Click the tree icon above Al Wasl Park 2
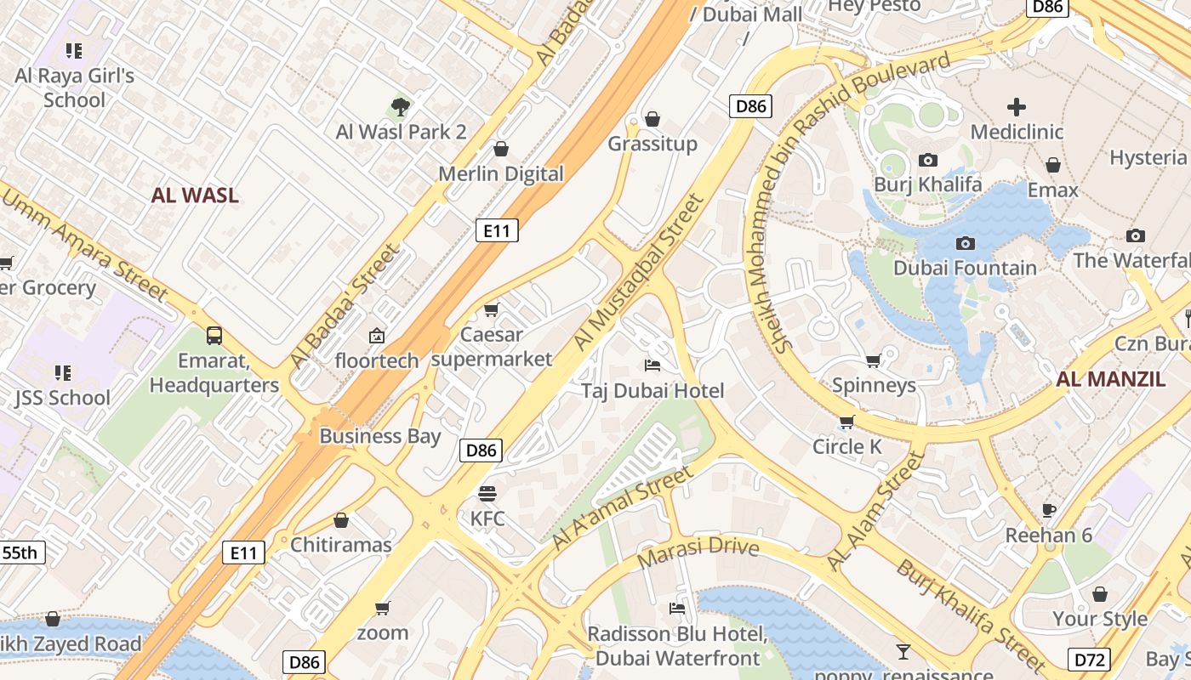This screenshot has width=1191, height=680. tap(401, 107)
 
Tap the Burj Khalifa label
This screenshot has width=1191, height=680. tap(928, 184)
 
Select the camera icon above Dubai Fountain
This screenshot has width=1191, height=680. tap(965, 244)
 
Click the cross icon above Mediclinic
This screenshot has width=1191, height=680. tap(1017, 107)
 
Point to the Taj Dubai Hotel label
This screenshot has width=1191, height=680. tap(652, 391)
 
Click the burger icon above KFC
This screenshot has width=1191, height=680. tap(487, 493)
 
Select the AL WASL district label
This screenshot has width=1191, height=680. tap(195, 195)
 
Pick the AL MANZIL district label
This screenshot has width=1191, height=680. tap(1110, 379)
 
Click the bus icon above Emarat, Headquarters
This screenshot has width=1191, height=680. tap(214, 336)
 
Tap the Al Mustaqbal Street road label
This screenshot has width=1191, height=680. tap(640, 272)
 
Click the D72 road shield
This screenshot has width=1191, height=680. tap(1088, 659)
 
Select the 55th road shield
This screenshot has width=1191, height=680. tap(20, 552)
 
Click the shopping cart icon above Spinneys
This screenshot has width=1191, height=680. tap(873, 361)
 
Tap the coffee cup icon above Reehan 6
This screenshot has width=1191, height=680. tap(1049, 510)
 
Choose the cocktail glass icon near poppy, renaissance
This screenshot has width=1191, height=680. tap(903, 652)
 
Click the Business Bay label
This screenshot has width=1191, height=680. tap(379, 437)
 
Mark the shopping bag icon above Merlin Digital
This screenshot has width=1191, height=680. tap(501, 150)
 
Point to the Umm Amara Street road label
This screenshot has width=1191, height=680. tap(85, 246)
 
